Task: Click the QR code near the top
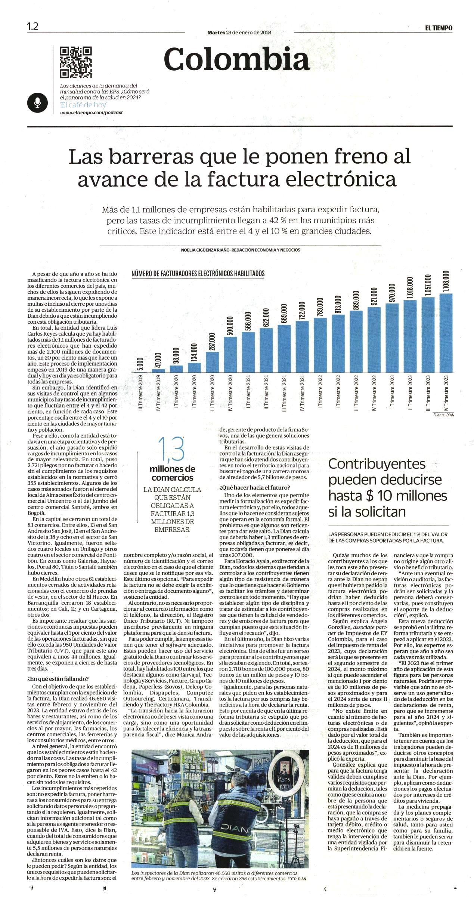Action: click(x=76, y=62)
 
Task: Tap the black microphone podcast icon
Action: click(x=37, y=102)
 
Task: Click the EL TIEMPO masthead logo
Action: click(x=439, y=28)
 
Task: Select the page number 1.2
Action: click(x=33, y=27)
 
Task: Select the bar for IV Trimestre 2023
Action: click(x=446, y=333)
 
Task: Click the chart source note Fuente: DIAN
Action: click(x=444, y=415)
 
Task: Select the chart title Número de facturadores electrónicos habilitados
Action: click(x=198, y=274)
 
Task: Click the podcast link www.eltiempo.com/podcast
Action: click(x=92, y=112)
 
